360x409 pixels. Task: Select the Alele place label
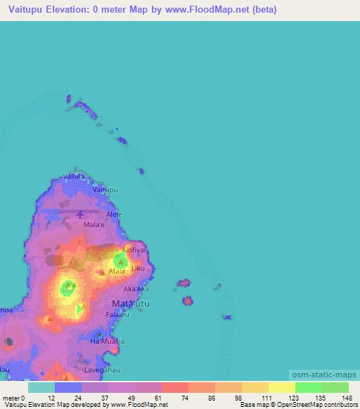click(x=112, y=214)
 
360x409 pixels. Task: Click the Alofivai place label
click(x=134, y=250)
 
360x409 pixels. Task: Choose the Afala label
click(x=117, y=271)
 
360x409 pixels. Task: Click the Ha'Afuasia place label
click(x=108, y=341)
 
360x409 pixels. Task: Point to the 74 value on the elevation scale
click(x=184, y=398)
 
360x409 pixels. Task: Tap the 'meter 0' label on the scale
click(x=14, y=398)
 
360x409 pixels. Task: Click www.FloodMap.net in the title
click(x=214, y=10)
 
